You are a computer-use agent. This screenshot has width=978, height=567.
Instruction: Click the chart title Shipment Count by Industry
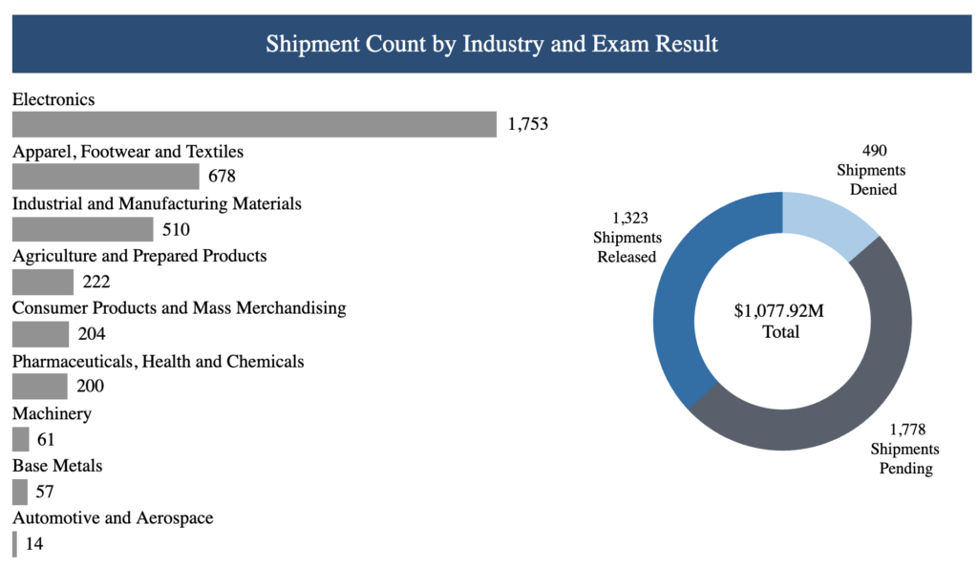pos(491,44)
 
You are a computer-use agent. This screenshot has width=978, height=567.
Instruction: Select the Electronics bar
pos(254,124)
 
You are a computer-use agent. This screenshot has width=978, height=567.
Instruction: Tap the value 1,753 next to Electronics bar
pos(528,124)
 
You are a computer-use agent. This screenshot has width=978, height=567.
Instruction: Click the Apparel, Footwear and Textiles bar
pos(105,177)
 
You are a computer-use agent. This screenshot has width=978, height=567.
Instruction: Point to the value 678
pos(222,177)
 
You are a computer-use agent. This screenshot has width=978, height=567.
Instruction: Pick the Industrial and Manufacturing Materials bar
pos(82,229)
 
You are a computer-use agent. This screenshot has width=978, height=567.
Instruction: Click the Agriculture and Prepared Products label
pos(139,256)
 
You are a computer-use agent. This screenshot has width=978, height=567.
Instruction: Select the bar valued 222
pos(43,282)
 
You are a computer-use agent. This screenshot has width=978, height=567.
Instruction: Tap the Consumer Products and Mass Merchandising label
pos(179,308)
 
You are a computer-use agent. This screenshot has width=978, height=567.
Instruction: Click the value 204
pos(92,334)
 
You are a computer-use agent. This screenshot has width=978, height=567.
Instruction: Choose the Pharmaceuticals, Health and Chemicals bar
pos(39,387)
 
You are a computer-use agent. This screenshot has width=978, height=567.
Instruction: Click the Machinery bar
pos(20,439)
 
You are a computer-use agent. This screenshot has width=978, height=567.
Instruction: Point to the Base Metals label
pos(57,466)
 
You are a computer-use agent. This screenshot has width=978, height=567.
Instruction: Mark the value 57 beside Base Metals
pos(44,493)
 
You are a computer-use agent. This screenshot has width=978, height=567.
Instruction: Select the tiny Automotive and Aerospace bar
pos(14,544)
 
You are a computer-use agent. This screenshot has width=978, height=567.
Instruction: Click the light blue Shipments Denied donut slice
pos(824,216)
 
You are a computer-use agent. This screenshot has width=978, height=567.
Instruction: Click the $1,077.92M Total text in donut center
pos(780,322)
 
